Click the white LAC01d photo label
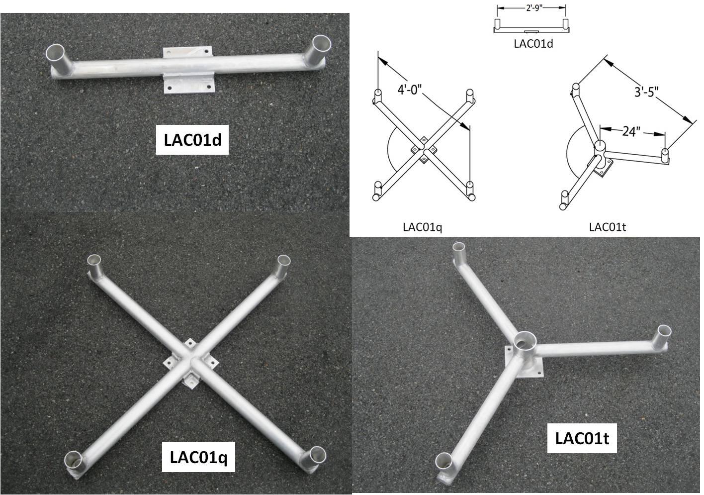point(192,140)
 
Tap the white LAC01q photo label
point(198,457)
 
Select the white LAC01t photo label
point(582,438)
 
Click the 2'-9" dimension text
point(534,8)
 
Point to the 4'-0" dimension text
point(409,90)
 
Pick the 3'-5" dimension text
point(646,92)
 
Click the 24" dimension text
point(631,131)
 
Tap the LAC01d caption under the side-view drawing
point(533,44)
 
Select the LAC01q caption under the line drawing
point(423,227)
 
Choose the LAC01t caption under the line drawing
point(607,227)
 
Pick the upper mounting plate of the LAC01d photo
point(187,52)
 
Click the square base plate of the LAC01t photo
point(524,362)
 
